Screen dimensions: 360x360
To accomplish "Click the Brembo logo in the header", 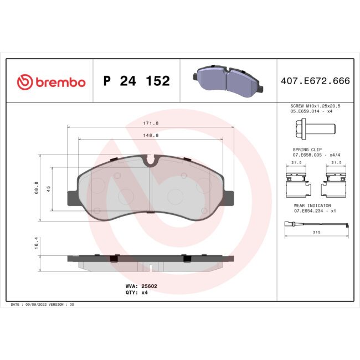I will (51, 82).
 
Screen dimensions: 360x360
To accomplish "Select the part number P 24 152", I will (136, 82).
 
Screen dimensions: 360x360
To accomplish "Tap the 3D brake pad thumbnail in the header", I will (228, 80).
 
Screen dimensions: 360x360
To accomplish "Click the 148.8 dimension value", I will (151, 135).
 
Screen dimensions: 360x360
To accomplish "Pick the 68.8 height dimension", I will (37, 188).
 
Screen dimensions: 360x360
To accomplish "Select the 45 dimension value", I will (49, 189).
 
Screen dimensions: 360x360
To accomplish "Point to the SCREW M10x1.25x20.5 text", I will (315, 105).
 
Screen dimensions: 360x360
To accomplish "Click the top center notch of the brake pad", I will (151, 161).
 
